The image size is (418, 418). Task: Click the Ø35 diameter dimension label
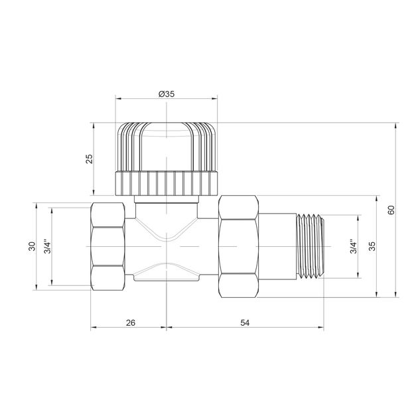(167, 94)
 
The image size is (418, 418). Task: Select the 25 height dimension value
(90, 159)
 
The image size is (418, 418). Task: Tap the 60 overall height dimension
(391, 210)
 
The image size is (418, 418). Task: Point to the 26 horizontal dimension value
(131, 322)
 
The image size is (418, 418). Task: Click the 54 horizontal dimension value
(245, 322)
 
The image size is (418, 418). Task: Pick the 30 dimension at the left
(32, 246)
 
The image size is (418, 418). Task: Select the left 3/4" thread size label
(48, 247)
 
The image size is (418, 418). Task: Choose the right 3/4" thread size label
(354, 246)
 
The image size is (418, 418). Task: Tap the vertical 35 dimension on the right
(372, 246)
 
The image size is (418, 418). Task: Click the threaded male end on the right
(310, 246)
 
